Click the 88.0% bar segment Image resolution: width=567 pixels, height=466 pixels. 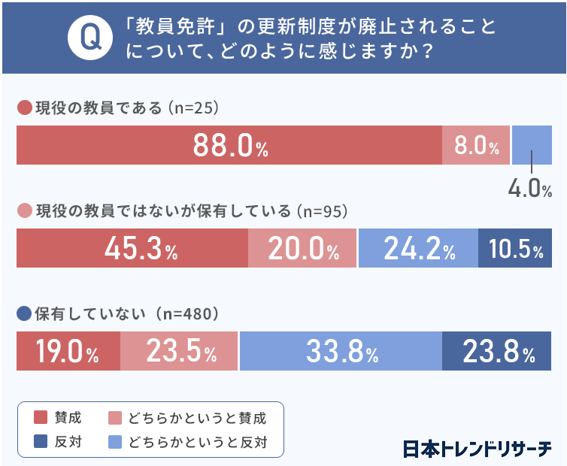[x=229, y=145]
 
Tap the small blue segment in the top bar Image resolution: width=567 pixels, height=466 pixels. [x=532, y=145]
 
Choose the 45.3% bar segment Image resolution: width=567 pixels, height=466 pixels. [x=132, y=248]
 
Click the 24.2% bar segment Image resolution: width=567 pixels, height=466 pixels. [x=418, y=248]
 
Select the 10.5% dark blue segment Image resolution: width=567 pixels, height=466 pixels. [x=515, y=248]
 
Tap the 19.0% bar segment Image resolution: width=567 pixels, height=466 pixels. [x=68, y=351]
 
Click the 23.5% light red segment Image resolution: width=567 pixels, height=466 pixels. [x=179, y=351]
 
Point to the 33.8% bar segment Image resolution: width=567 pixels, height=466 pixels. [x=340, y=351]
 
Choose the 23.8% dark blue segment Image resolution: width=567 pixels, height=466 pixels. [x=497, y=351]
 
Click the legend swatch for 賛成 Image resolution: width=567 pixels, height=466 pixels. [x=41, y=418]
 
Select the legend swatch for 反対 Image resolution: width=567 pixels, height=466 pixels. [x=41, y=441]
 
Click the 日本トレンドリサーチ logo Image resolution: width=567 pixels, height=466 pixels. [x=476, y=448]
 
